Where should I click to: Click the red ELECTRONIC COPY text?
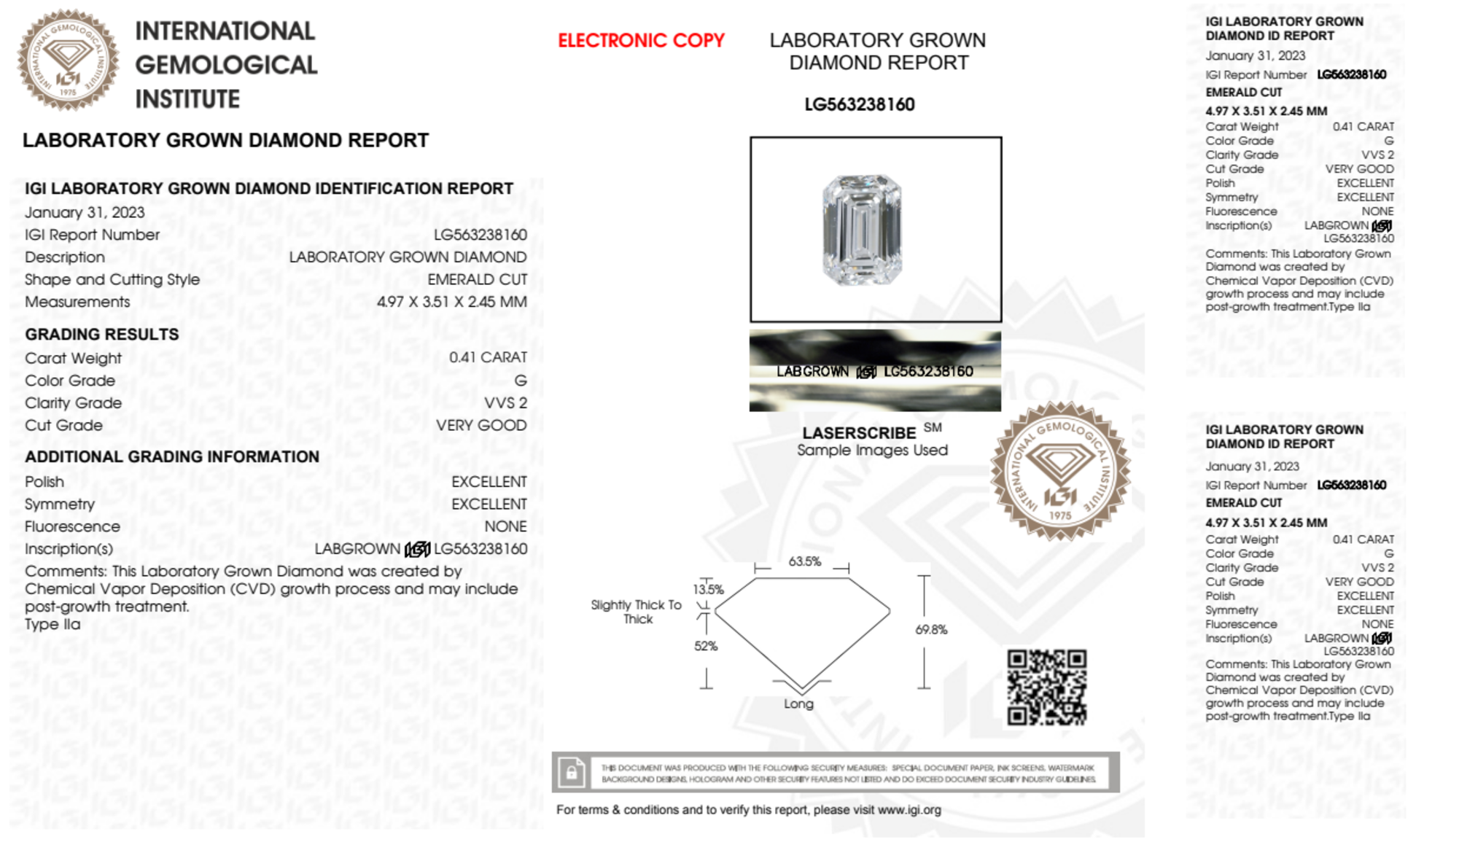click(641, 41)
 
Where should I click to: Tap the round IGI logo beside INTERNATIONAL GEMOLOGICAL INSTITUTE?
click(68, 60)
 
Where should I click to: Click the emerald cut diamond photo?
click(862, 230)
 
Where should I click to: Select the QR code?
click(1046, 687)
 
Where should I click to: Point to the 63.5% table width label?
click(804, 561)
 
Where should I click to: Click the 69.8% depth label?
click(931, 630)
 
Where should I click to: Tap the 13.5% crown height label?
click(708, 589)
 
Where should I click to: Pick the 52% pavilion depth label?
click(705, 646)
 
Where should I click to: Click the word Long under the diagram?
click(798, 704)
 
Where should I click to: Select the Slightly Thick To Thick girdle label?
click(637, 612)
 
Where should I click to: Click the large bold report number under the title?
click(859, 105)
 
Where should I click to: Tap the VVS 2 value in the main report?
click(505, 403)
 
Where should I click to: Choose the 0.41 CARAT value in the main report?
click(488, 357)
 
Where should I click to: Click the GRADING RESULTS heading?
click(102, 335)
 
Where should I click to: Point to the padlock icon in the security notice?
click(572, 772)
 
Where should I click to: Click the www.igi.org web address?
click(909, 810)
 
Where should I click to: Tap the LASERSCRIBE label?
click(859, 433)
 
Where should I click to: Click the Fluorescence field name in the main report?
click(72, 526)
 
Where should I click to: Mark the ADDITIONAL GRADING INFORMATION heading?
click(172, 457)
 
